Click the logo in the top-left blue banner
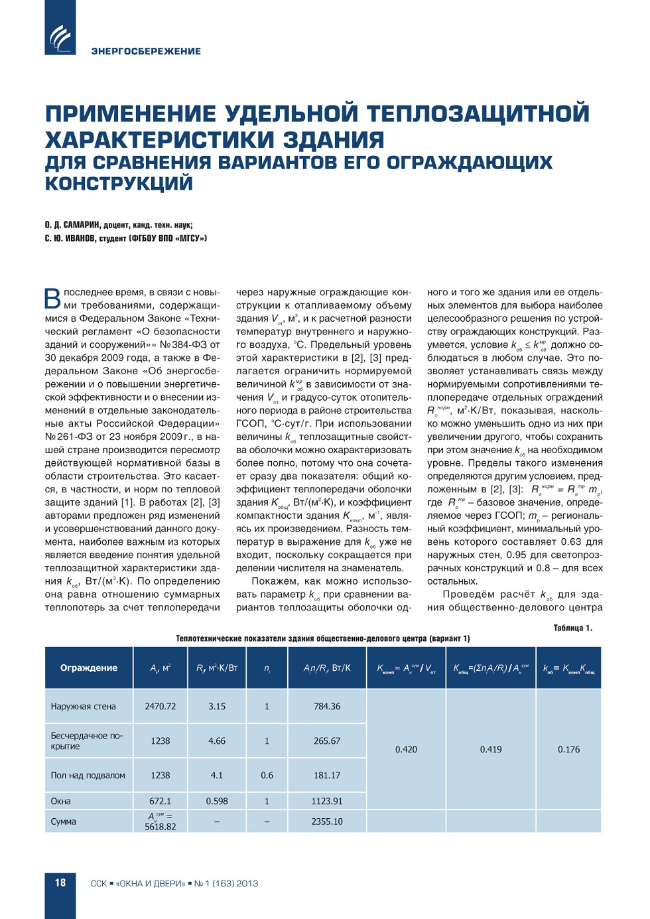(x=60, y=36)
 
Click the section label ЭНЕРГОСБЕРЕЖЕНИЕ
(x=146, y=51)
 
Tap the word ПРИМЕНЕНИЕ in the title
(x=131, y=114)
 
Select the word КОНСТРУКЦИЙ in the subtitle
(x=119, y=184)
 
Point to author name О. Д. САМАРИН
(x=72, y=225)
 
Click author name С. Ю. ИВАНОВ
(x=70, y=238)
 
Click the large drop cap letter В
(x=52, y=298)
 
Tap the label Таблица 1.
(x=572, y=628)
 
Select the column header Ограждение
(x=89, y=668)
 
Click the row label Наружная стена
(x=83, y=707)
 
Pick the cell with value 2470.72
(x=161, y=707)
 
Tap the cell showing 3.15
(x=217, y=707)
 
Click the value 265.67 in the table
(x=327, y=741)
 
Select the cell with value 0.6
(x=267, y=775)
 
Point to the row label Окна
(x=60, y=801)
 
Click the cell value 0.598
(x=217, y=801)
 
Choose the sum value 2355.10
(x=327, y=821)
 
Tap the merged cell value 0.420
(x=406, y=749)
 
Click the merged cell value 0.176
(x=568, y=749)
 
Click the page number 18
(x=60, y=883)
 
